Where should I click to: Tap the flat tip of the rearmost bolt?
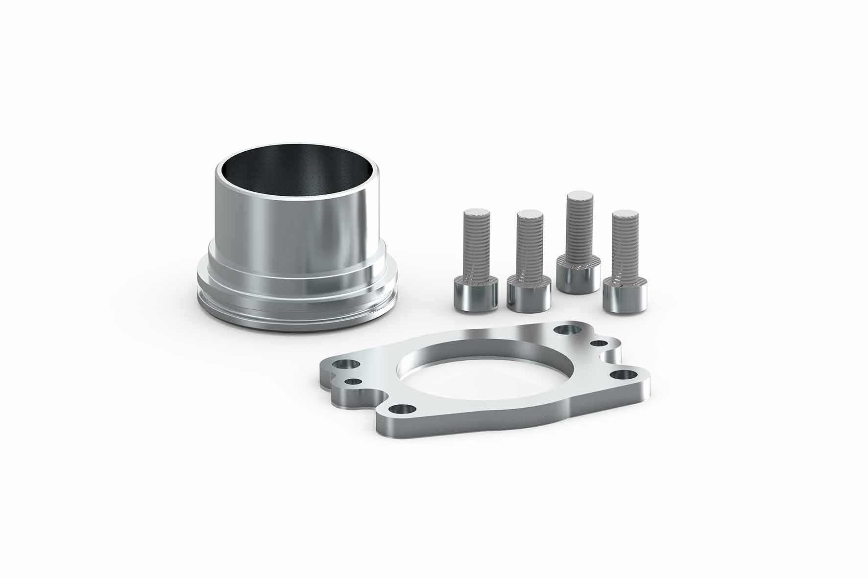[579, 196]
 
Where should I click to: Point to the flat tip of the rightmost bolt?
[625, 214]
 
